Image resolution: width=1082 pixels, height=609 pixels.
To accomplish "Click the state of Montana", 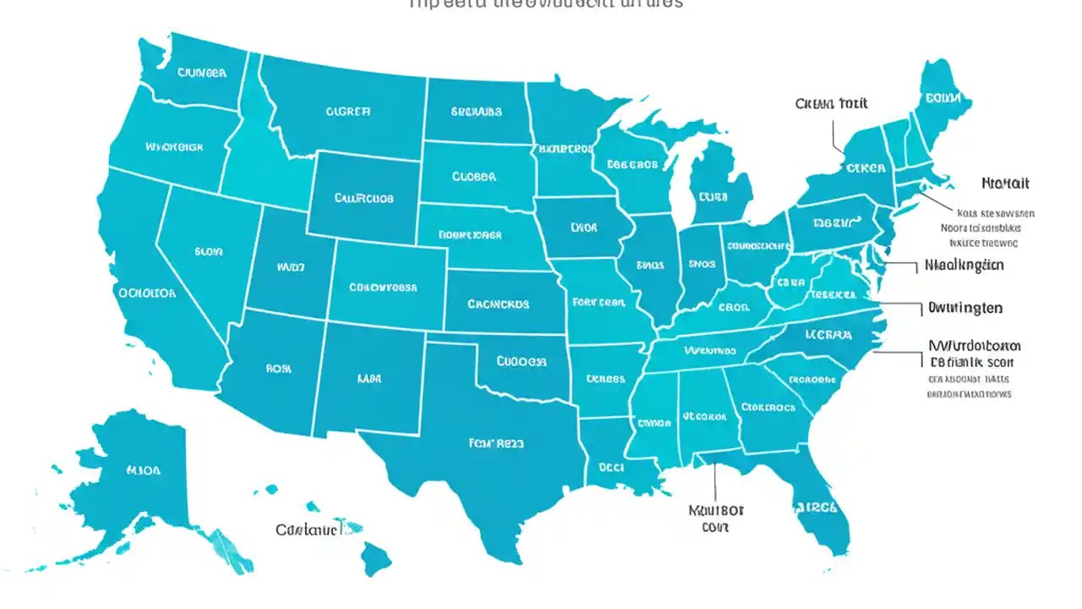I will pyautogui.click(x=347, y=110).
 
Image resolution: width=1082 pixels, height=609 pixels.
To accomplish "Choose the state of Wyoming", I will pyautogui.click(x=363, y=199).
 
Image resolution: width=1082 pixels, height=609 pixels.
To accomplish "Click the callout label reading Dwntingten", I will pyautogui.click(x=965, y=308).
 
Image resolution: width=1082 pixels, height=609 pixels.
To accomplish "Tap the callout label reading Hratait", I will pyautogui.click(x=1005, y=183).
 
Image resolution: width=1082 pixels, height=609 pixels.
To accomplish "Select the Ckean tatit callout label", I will pyautogui.click(x=831, y=104).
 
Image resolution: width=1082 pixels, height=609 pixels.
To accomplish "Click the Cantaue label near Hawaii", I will pyautogui.click(x=309, y=530).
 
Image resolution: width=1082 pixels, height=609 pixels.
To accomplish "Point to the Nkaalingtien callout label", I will pyautogui.click(x=964, y=265).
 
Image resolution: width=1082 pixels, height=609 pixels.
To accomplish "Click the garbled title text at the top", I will pyautogui.click(x=545, y=4).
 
